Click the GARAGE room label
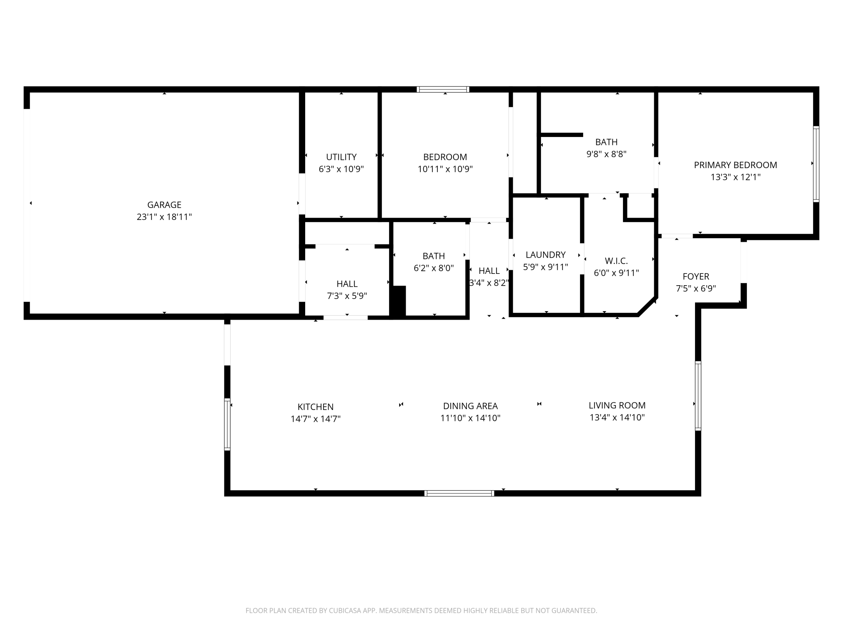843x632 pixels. pyautogui.click(x=164, y=205)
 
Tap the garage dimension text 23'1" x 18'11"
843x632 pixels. pyautogui.click(x=164, y=217)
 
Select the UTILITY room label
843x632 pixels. pyautogui.click(x=341, y=157)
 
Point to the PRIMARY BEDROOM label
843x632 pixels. pyautogui.click(x=736, y=165)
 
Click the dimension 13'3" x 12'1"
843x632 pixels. pyautogui.click(x=736, y=177)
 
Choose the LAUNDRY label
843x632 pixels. pyautogui.click(x=546, y=255)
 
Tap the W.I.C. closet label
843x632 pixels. pyautogui.click(x=616, y=261)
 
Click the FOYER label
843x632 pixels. pyautogui.click(x=696, y=277)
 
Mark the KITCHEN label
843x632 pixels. pyautogui.click(x=316, y=407)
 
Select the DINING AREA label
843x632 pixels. pyautogui.click(x=471, y=406)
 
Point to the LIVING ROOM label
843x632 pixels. pyautogui.click(x=617, y=406)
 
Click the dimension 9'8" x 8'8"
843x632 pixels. pyautogui.click(x=607, y=154)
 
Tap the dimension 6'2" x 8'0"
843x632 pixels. pyautogui.click(x=434, y=268)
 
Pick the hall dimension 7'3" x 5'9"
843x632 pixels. pyautogui.click(x=347, y=296)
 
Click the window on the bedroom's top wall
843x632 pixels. pyautogui.click(x=443, y=90)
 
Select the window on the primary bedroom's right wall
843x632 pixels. pyautogui.click(x=816, y=164)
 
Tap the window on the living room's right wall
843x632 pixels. pyautogui.click(x=698, y=395)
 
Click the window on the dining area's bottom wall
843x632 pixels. pyautogui.click(x=459, y=493)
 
